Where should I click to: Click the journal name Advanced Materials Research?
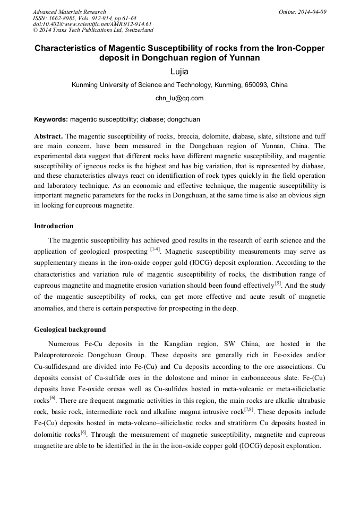(x=70, y=12)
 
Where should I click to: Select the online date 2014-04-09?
(x=312, y=12)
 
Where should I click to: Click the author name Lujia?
(x=179, y=72)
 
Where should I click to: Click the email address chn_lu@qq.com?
(x=179, y=98)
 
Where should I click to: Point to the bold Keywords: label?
(x=51, y=120)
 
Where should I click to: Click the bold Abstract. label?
(x=48, y=135)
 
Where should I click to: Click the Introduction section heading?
(x=54, y=226)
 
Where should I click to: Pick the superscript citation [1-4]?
(x=155, y=249)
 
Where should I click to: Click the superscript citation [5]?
(x=278, y=283)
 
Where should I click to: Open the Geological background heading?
(x=70, y=330)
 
